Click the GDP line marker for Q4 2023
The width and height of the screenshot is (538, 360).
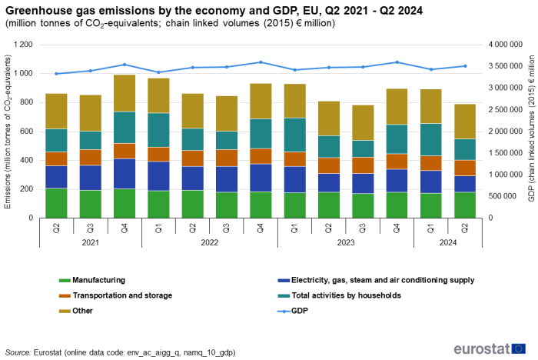(x=397, y=62)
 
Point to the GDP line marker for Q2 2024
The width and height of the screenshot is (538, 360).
(x=465, y=66)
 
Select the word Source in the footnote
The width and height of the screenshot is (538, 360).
(x=18, y=352)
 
